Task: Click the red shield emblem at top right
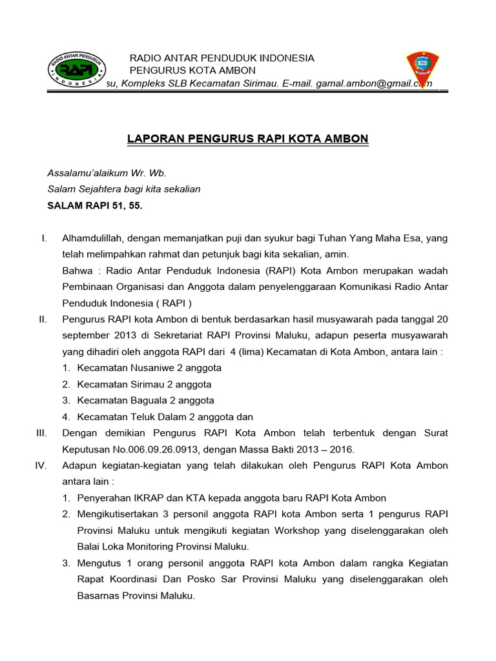click(422, 70)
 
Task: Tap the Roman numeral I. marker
click(44, 238)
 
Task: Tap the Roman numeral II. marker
click(43, 319)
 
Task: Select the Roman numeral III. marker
click(42, 432)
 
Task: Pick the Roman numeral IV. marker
click(41, 465)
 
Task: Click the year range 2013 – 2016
click(326, 449)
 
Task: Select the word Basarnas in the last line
click(98, 595)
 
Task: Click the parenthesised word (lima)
click(255, 352)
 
